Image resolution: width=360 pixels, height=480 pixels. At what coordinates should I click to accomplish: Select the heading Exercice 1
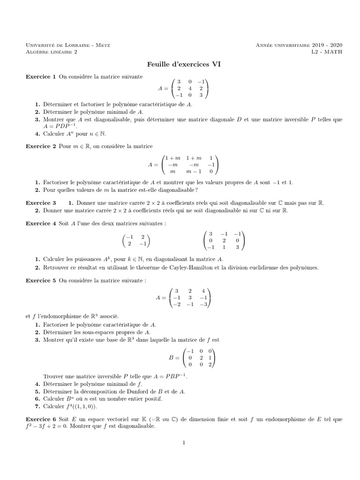(40, 76)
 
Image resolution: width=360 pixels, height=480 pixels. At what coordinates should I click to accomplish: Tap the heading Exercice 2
(40, 147)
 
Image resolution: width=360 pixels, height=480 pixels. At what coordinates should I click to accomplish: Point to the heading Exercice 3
(40, 203)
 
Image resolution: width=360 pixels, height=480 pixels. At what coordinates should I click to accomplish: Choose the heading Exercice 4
(40, 224)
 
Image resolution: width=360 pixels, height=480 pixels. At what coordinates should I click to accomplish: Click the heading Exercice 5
(40, 280)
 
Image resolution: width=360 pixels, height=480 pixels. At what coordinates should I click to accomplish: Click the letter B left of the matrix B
(171, 358)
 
